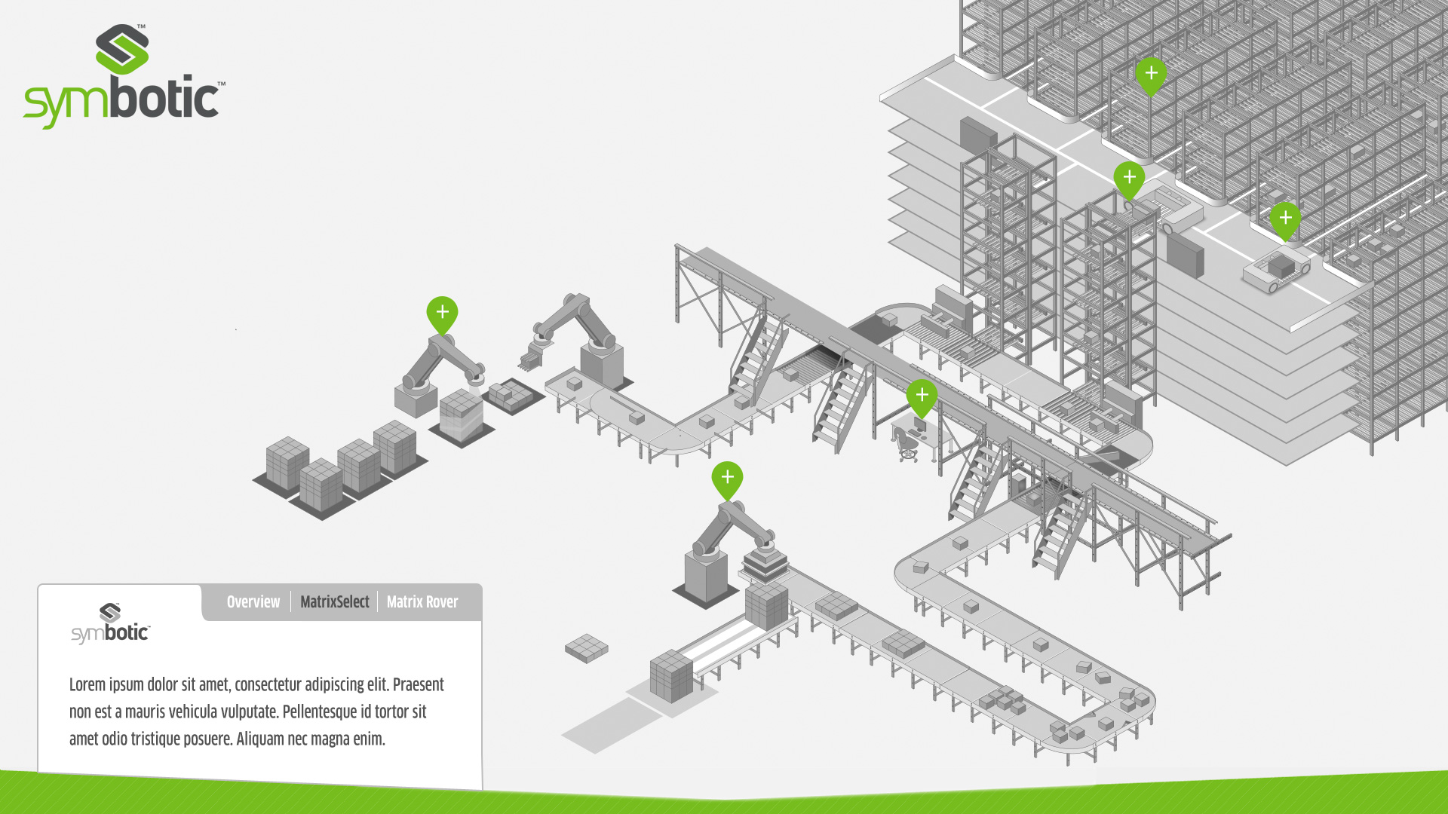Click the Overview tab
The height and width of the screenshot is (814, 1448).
point(253,602)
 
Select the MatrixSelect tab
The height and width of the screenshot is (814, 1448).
point(334,602)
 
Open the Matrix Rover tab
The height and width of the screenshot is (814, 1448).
point(422,602)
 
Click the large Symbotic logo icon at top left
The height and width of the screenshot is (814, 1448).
point(122,49)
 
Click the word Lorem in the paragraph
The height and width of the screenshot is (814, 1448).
point(87,685)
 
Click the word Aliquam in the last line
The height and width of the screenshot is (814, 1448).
point(260,739)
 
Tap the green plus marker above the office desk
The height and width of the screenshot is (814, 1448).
point(922,396)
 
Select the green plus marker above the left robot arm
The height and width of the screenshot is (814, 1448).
point(442,314)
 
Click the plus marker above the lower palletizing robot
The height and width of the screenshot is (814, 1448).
point(727,479)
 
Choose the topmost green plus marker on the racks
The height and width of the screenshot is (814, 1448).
point(1151,75)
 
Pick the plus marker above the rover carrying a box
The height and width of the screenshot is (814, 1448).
point(1285,219)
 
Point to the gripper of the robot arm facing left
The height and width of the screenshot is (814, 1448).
point(532,355)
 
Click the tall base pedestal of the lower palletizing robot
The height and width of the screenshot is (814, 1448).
point(706,577)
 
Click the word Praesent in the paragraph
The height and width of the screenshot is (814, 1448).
point(418,685)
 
